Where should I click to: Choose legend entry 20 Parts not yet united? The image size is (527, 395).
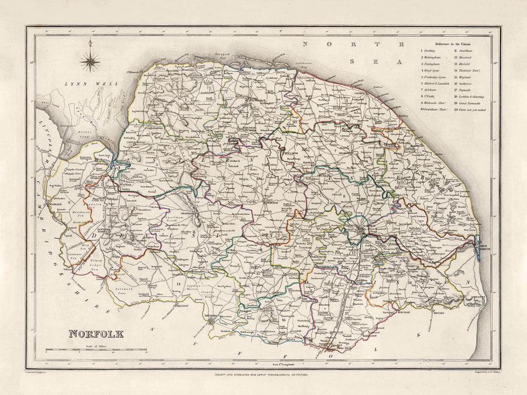(x=473, y=109)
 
